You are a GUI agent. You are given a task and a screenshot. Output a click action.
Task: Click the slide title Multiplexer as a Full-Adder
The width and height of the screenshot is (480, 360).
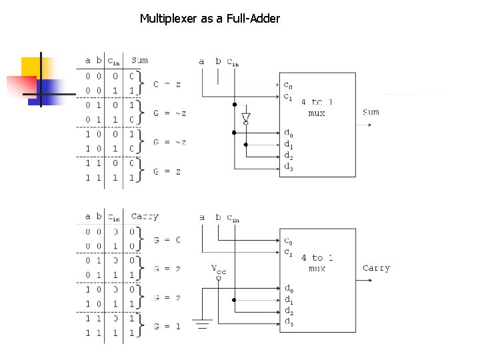pyautogui.click(x=209, y=19)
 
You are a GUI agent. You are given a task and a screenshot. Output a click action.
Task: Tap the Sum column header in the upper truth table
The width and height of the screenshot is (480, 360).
pyautogui.click(x=140, y=61)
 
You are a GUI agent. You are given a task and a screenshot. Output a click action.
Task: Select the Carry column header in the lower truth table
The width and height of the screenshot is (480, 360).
pyautogui.click(x=145, y=217)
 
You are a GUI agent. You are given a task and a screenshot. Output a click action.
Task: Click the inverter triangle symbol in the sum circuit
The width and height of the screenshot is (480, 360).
pyautogui.click(x=245, y=119)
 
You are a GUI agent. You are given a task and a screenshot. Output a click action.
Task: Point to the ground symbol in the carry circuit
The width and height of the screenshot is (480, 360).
pyautogui.click(x=203, y=325)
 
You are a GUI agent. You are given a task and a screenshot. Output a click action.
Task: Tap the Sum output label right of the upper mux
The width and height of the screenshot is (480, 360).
pyautogui.click(x=371, y=112)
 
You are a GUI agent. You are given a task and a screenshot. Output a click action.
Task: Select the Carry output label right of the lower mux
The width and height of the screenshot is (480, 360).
pyautogui.click(x=376, y=268)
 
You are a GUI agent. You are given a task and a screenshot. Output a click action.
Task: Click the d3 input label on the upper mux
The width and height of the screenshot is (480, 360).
pyautogui.click(x=288, y=168)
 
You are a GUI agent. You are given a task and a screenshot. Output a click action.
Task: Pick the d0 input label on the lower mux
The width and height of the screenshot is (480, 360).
pyautogui.click(x=288, y=289)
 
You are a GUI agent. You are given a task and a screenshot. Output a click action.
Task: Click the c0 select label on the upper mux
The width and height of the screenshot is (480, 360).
pyautogui.click(x=288, y=85)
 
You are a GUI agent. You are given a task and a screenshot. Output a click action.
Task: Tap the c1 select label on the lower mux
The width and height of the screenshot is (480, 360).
pyautogui.click(x=288, y=252)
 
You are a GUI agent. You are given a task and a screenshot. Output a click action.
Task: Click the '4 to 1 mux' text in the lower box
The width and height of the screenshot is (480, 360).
pyautogui.click(x=317, y=263)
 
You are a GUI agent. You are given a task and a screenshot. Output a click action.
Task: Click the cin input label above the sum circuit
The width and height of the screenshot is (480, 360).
pyautogui.click(x=233, y=62)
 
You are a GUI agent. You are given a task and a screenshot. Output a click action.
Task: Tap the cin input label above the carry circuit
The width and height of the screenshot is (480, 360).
pyautogui.click(x=233, y=218)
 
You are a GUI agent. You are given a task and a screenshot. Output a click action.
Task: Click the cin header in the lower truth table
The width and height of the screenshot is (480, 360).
pyautogui.click(x=114, y=217)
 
